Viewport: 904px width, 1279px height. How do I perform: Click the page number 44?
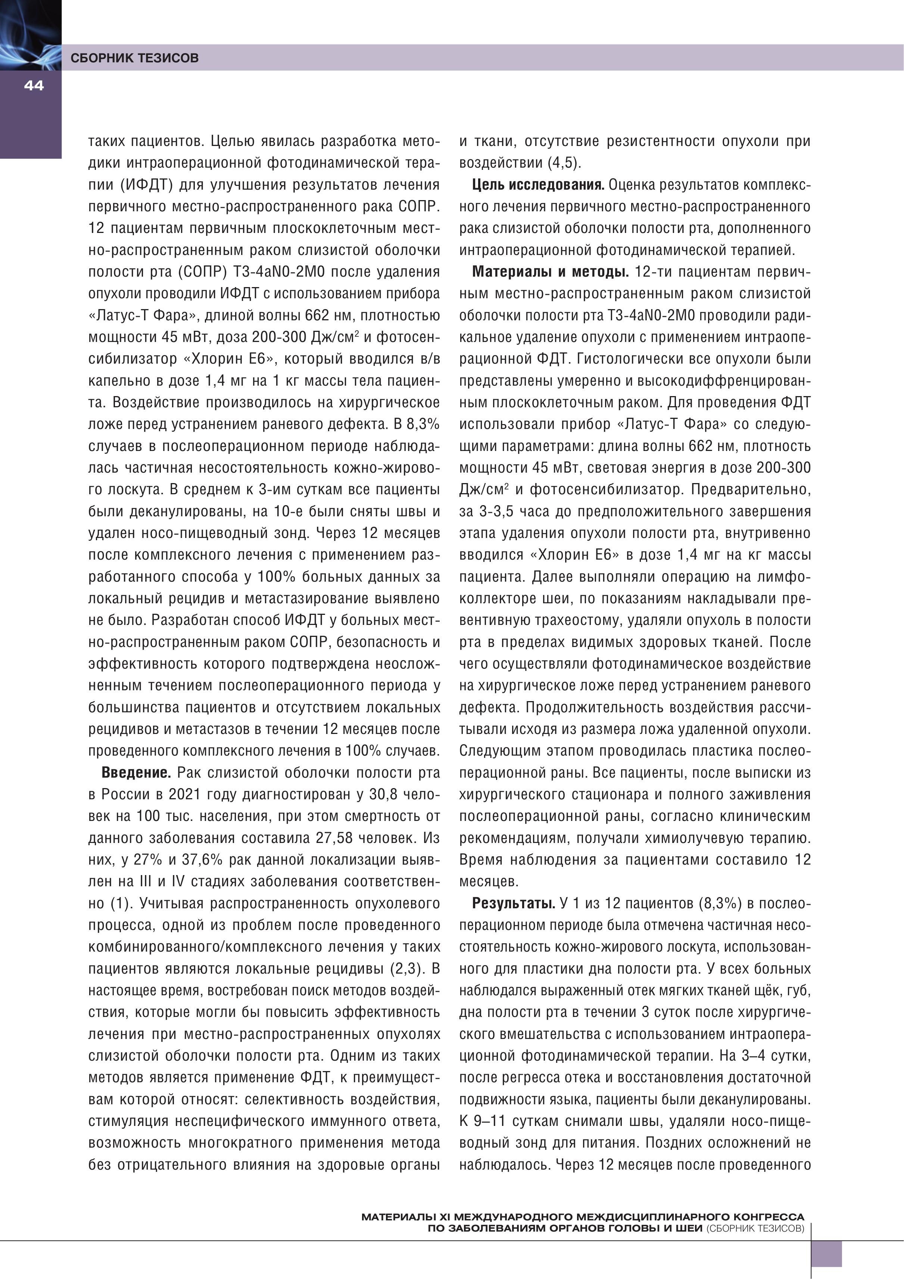click(x=34, y=86)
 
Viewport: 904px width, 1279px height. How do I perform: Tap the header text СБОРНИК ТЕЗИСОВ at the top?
click(x=134, y=58)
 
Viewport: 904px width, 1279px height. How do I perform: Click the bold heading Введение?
click(x=135, y=773)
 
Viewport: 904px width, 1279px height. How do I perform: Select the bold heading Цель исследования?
click(x=538, y=185)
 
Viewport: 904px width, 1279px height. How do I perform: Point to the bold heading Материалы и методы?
click(x=550, y=272)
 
